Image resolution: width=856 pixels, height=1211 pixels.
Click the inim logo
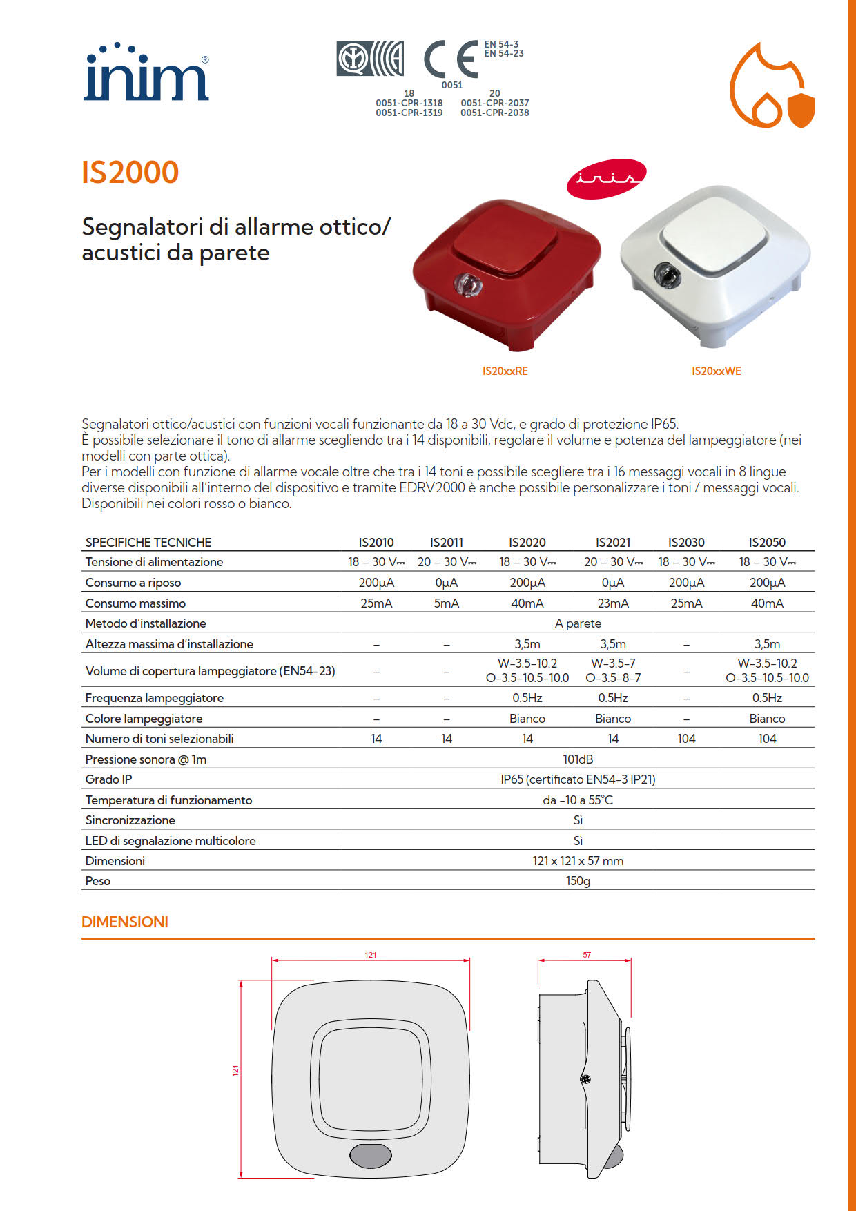(x=146, y=74)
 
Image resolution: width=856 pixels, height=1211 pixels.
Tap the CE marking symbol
(x=450, y=59)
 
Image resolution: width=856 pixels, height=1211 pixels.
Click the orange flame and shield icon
(x=772, y=86)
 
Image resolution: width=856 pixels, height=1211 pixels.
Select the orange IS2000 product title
(x=130, y=173)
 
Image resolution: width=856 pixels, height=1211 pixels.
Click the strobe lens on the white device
(x=667, y=276)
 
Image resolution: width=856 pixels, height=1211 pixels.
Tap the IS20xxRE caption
(x=505, y=371)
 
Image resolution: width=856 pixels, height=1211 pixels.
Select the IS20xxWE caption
(x=716, y=371)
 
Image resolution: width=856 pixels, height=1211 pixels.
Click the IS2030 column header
(x=686, y=543)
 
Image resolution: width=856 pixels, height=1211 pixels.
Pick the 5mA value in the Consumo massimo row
(x=447, y=603)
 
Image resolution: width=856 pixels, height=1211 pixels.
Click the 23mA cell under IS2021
(x=613, y=603)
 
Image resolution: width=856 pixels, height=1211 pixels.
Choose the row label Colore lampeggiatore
(x=144, y=719)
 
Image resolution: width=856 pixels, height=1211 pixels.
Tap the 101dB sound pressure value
(x=578, y=759)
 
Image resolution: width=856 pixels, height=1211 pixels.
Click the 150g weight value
(x=578, y=881)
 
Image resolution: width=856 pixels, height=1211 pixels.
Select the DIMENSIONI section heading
(x=125, y=922)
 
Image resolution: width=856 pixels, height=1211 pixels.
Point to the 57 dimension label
(x=587, y=956)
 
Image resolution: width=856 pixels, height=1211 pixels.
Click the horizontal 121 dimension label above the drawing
(x=371, y=956)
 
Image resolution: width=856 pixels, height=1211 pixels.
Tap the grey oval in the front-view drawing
(x=371, y=1156)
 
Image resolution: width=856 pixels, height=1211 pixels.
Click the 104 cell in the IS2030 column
(x=686, y=739)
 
